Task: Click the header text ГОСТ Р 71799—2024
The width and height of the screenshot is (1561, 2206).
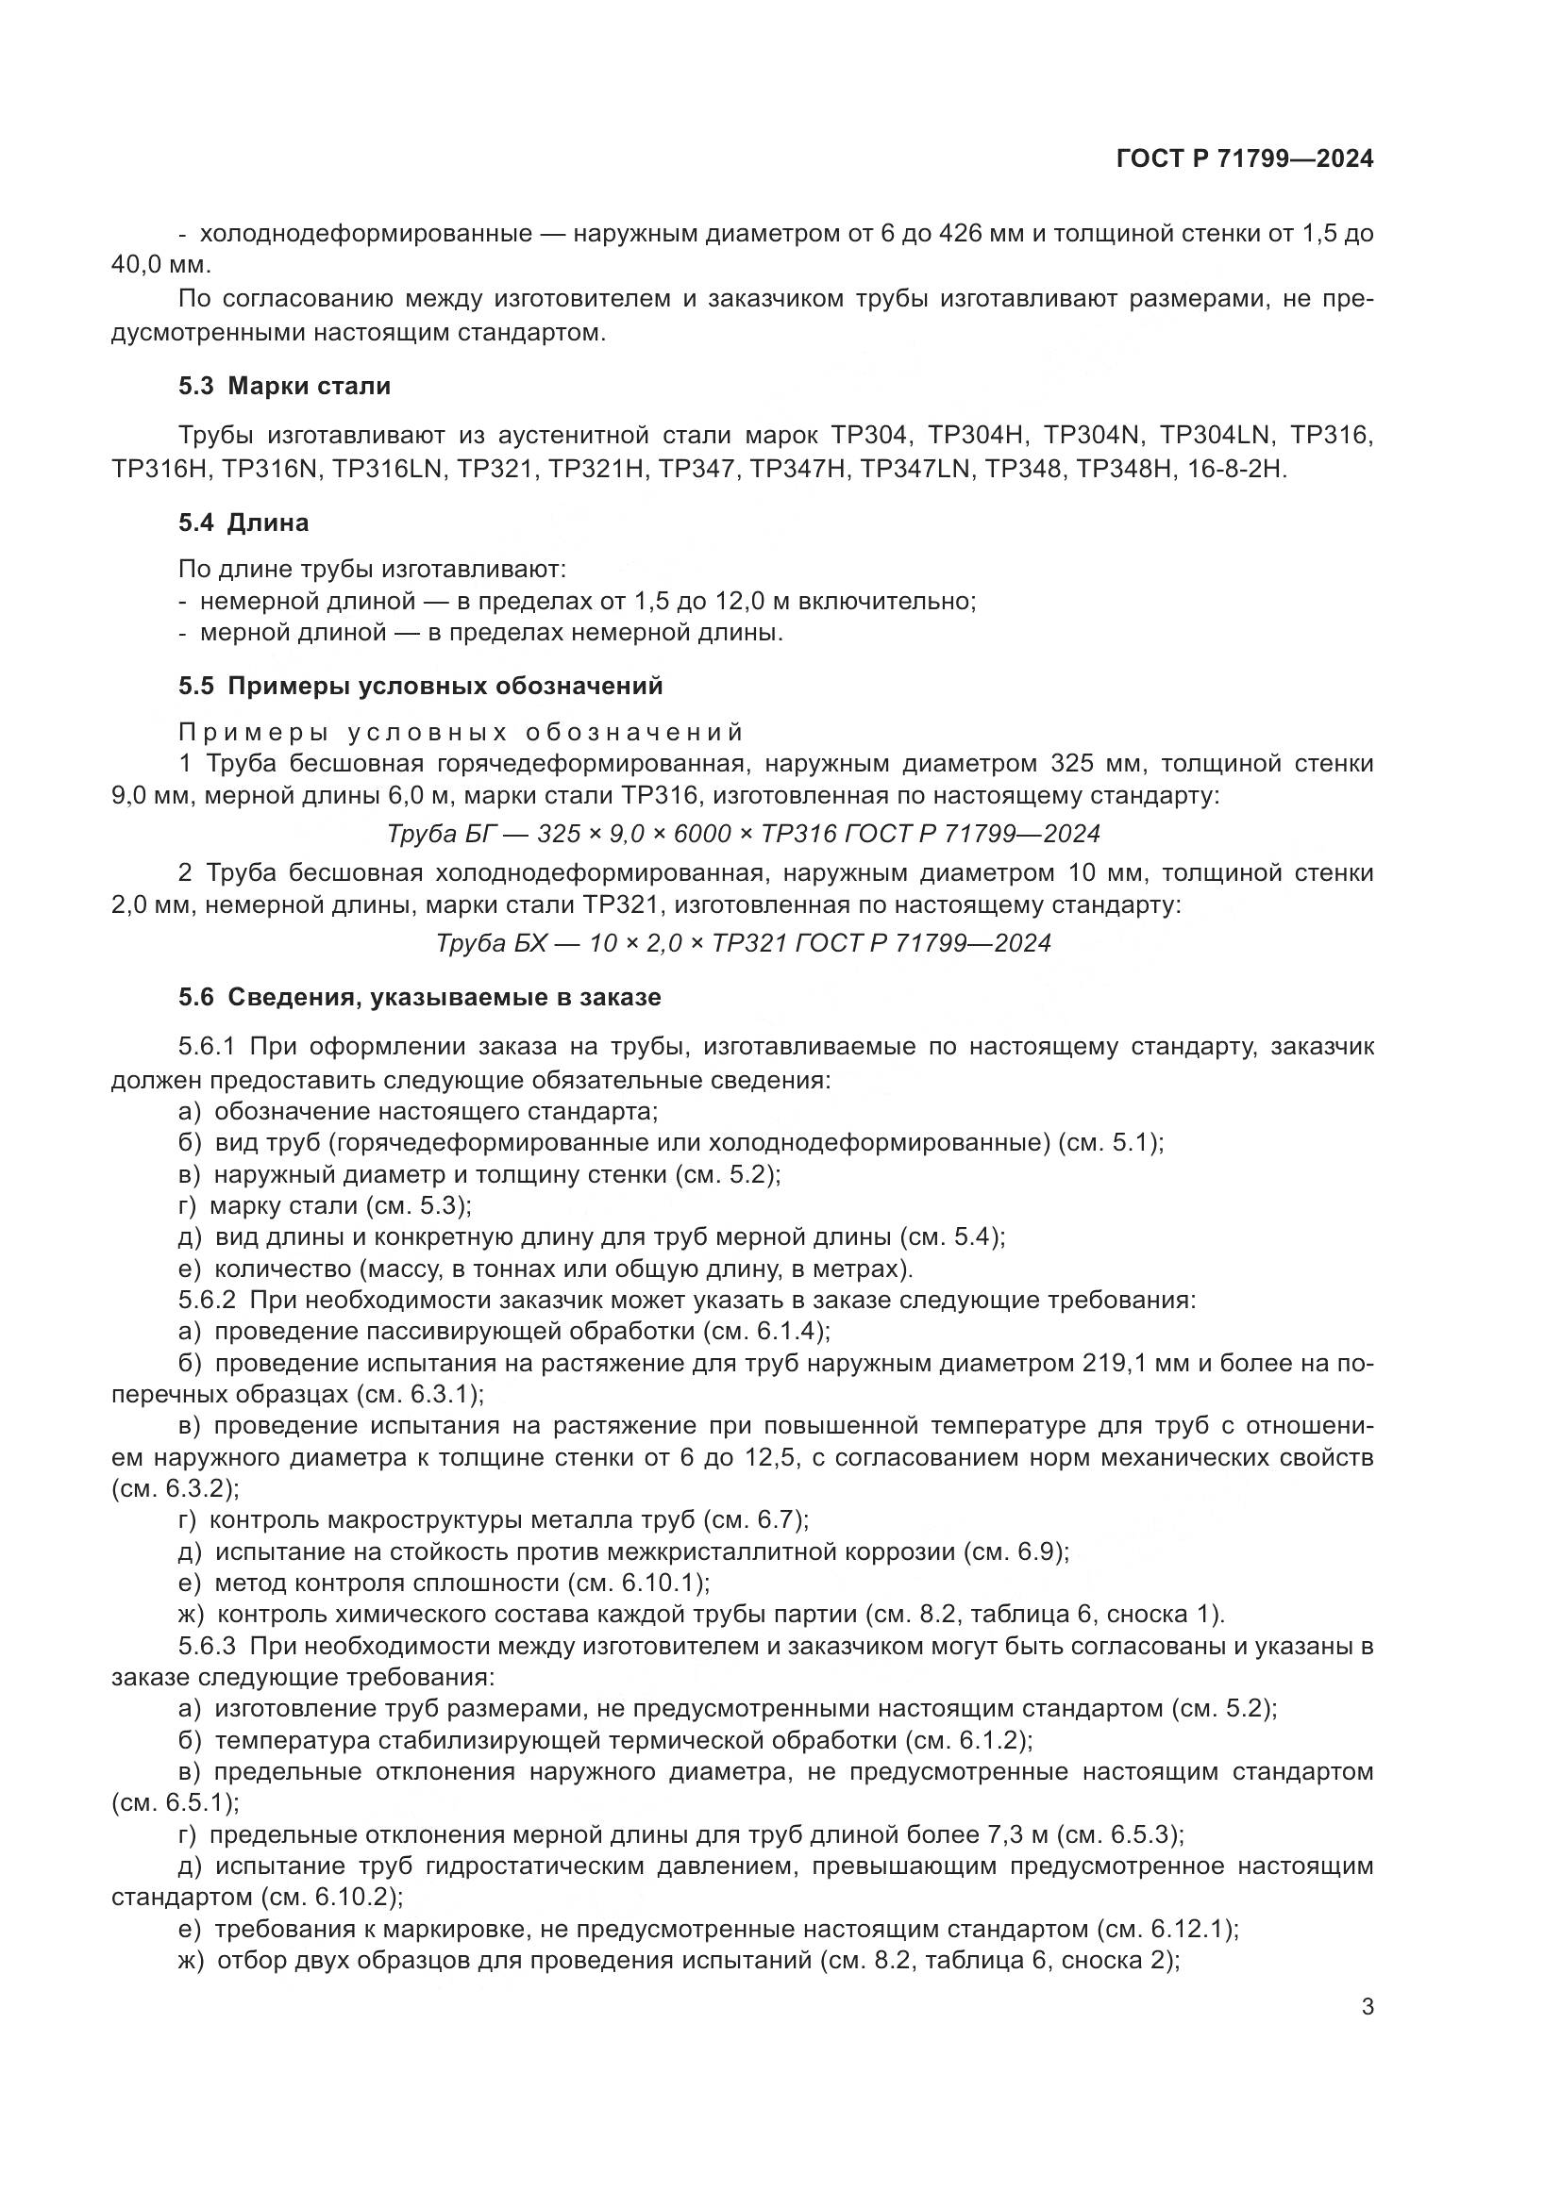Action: (x=1245, y=159)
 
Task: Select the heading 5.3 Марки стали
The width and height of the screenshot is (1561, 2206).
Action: (x=284, y=388)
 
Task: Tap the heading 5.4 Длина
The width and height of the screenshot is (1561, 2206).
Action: (x=243, y=523)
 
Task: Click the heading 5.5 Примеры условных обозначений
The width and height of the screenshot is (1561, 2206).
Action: (x=420, y=686)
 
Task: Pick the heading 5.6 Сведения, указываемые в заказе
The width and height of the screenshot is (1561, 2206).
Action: (x=419, y=997)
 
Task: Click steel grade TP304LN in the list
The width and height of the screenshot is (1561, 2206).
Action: (x=1215, y=435)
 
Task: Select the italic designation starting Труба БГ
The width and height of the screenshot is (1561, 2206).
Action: (x=743, y=834)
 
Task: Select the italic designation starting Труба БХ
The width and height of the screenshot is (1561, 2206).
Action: (x=743, y=942)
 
